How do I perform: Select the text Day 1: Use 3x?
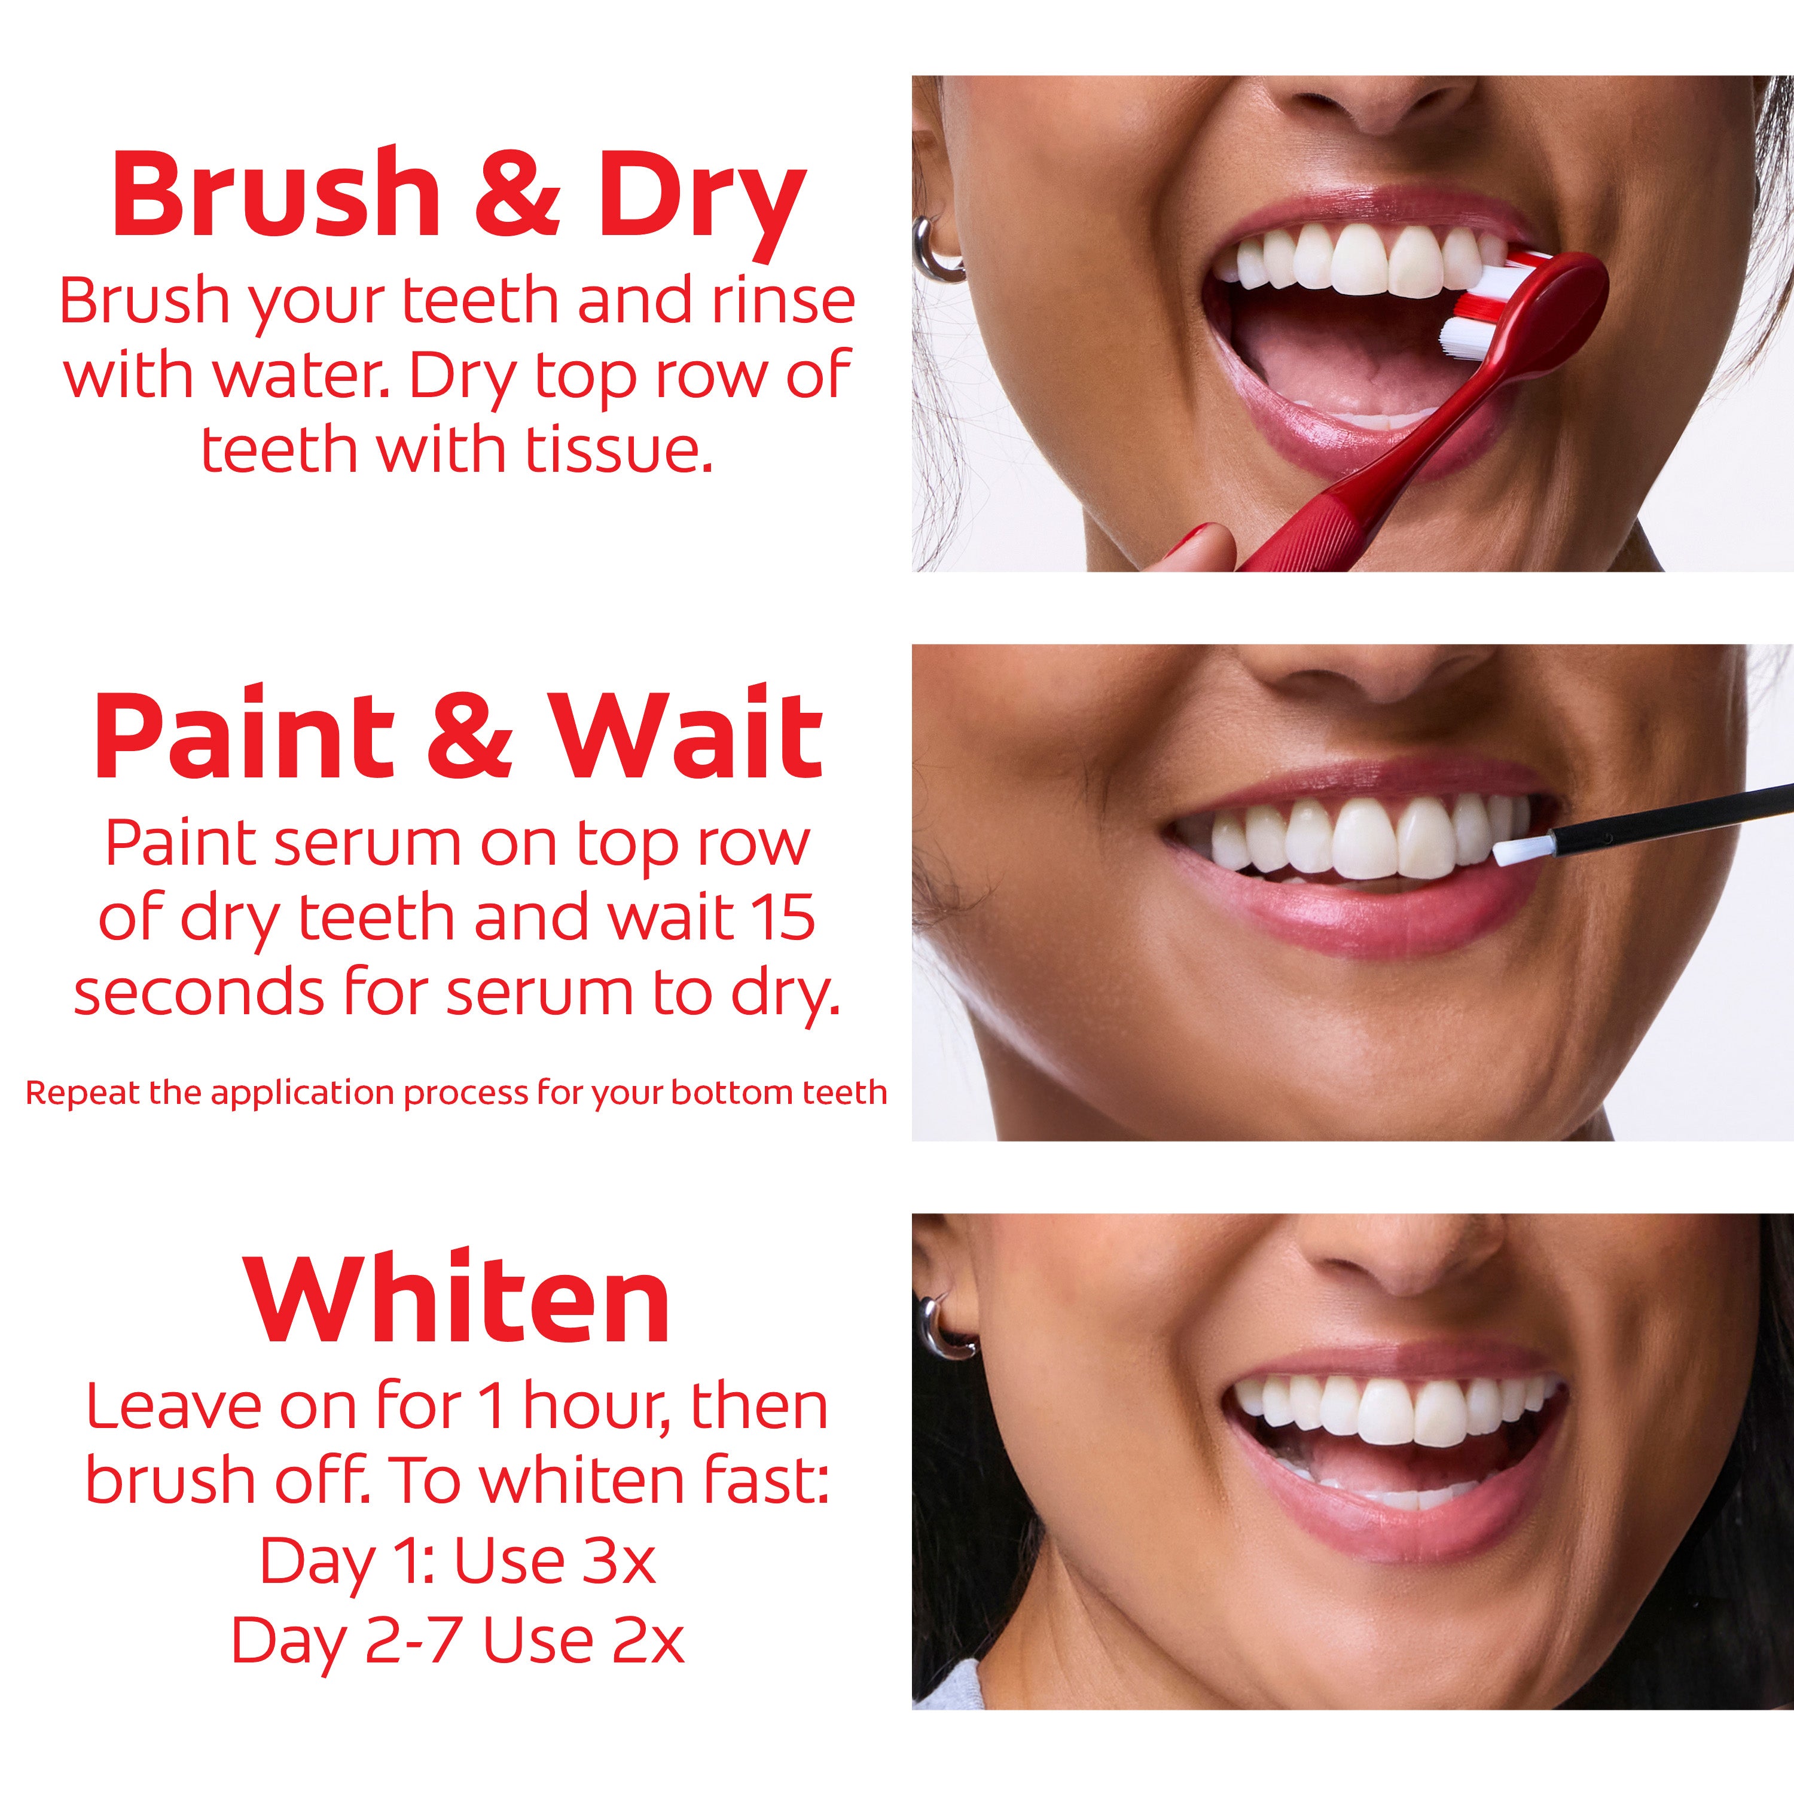[x=457, y=1560]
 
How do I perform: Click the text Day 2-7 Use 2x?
[x=457, y=1641]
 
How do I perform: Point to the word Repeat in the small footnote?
[x=82, y=1092]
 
